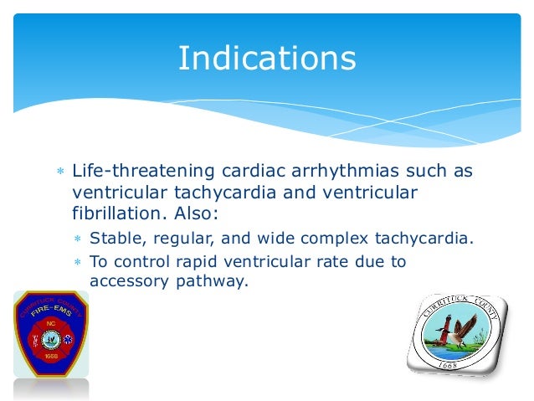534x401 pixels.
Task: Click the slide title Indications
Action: tap(266, 59)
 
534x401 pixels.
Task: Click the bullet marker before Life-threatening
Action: tap(59, 172)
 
